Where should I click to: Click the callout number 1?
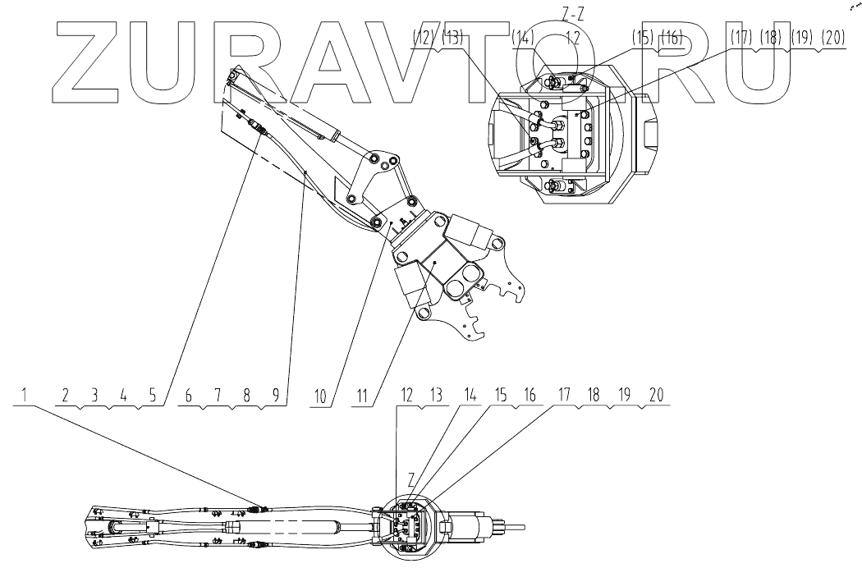point(25,395)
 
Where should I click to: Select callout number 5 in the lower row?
point(152,395)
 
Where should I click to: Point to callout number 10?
point(322,395)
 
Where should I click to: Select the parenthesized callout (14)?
point(523,37)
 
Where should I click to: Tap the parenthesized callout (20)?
point(833,37)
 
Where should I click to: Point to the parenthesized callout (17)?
point(743,37)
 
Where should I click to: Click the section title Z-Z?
point(574,11)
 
